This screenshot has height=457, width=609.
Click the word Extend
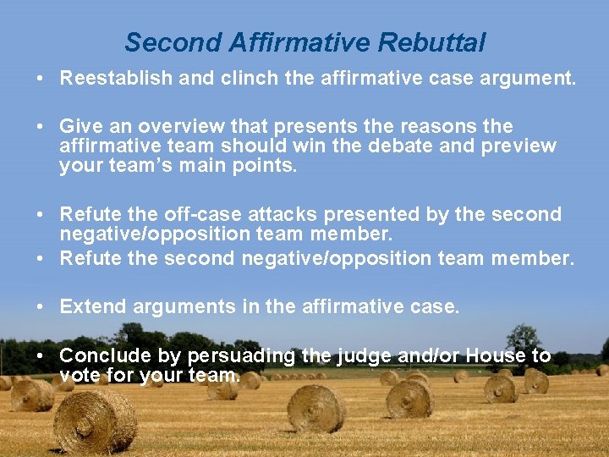pyautogui.click(x=89, y=306)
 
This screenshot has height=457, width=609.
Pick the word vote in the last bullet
pyautogui.click(x=80, y=375)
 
